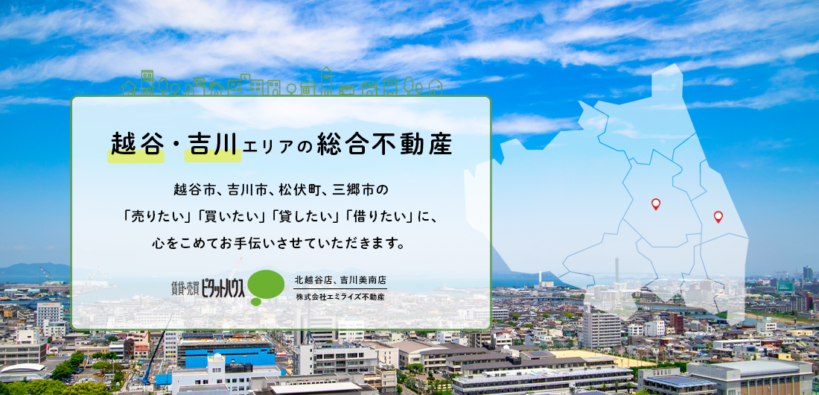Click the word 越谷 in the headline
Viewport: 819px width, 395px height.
(x=136, y=145)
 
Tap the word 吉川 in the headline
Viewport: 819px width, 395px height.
(x=213, y=145)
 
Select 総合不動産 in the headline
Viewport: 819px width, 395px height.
(x=384, y=145)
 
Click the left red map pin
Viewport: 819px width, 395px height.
(x=655, y=204)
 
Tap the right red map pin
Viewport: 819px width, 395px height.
(x=718, y=217)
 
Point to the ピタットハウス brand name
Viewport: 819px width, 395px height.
(x=223, y=288)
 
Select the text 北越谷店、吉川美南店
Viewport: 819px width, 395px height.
(x=340, y=280)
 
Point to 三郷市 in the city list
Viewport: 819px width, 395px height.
(x=360, y=188)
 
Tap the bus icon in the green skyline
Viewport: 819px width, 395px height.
(x=346, y=90)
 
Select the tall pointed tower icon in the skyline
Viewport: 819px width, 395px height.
(x=326, y=81)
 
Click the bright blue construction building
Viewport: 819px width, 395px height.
(x=230, y=355)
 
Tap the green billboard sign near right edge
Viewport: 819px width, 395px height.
(x=785, y=287)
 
